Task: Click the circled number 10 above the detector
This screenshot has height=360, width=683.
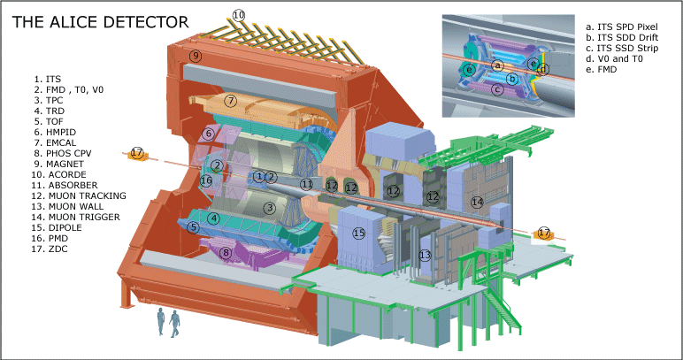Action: tap(238, 16)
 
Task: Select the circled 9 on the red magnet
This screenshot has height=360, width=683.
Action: tap(196, 56)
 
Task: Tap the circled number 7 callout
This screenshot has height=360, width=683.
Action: tap(231, 102)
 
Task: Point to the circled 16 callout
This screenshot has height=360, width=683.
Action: tap(206, 180)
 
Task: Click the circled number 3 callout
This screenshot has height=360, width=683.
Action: tap(270, 208)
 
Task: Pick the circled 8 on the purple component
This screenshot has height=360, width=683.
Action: tap(226, 252)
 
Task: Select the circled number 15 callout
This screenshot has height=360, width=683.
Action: tap(359, 234)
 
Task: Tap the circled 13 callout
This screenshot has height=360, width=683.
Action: tap(425, 255)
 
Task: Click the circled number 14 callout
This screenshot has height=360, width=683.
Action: tap(478, 202)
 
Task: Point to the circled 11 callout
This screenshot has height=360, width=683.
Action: tap(307, 184)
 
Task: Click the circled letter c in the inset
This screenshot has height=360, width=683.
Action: tap(497, 89)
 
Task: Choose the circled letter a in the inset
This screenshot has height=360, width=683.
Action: tap(497, 65)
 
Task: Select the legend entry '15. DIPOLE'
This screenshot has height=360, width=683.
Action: tap(58, 227)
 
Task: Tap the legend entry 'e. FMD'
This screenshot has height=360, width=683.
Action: tap(602, 69)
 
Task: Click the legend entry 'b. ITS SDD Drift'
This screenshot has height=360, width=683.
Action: tap(623, 37)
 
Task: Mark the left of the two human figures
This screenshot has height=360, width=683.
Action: tap(161, 322)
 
